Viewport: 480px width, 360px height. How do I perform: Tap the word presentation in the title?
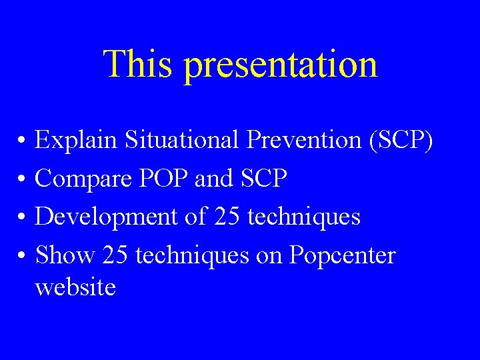coord(280,65)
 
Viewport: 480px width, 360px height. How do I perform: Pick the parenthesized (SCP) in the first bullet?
coord(400,141)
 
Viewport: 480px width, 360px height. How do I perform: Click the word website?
coord(75,287)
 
